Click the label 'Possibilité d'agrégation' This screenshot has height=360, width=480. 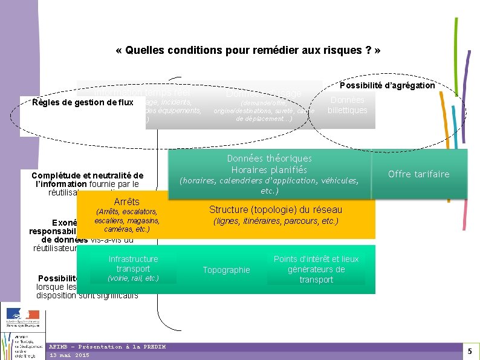(387, 85)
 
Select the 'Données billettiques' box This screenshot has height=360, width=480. (347, 105)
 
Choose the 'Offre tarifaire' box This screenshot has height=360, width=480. (419, 174)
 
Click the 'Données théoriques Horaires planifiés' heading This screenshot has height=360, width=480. (269, 164)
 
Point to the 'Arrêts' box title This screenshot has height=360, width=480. (126, 201)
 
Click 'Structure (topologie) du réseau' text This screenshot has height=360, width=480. (276, 209)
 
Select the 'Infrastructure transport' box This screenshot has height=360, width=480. (133, 264)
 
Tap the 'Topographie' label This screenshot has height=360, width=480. (226, 270)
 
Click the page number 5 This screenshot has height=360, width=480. (470, 351)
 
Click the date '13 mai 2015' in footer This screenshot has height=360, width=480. (69, 355)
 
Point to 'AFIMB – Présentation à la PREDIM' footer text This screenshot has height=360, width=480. (107, 347)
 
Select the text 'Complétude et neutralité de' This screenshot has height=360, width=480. (87, 175)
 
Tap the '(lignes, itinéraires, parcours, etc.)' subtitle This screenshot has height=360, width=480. (276, 221)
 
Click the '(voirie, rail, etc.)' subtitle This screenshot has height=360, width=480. (133, 278)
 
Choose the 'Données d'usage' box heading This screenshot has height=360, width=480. (264, 94)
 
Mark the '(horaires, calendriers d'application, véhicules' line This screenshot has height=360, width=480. (269, 180)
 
